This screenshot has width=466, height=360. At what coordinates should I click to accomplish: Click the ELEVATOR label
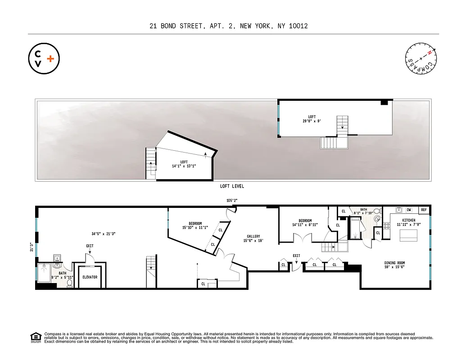point(90,277)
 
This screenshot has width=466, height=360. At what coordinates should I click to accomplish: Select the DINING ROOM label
point(394,263)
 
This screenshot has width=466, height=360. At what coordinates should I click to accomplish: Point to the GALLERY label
point(253,236)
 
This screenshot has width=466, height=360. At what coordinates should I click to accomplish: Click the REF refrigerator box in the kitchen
point(424,210)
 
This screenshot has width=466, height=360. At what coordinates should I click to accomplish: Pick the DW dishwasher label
point(409,210)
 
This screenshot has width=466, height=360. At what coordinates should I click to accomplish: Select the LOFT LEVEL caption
point(232,186)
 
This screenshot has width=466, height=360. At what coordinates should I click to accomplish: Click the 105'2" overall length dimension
point(232,201)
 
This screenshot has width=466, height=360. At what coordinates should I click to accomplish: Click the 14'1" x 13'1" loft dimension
point(184,166)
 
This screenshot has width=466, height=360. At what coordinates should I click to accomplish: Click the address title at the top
point(229,26)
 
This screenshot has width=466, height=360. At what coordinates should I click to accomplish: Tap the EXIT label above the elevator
point(90,246)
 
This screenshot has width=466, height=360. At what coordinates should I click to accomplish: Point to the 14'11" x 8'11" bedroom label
point(302,223)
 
